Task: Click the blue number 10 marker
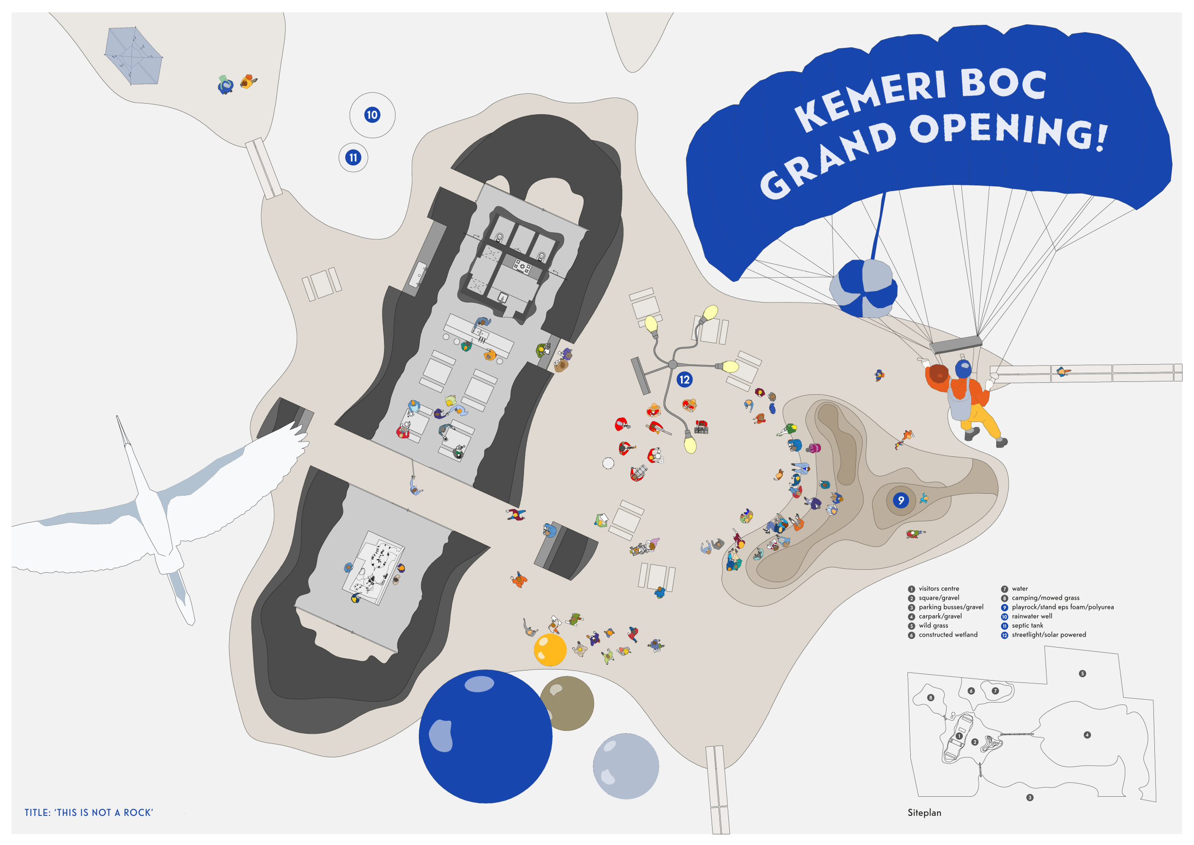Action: click(372, 115)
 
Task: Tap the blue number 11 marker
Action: click(353, 157)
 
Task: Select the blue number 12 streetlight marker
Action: click(684, 380)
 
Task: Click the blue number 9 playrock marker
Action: click(901, 500)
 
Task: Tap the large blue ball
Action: click(485, 736)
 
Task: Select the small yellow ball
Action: click(550, 650)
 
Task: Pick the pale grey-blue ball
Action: click(626, 766)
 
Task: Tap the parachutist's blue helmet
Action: click(962, 368)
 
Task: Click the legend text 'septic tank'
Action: click(1027, 626)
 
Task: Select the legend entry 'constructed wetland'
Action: click(948, 635)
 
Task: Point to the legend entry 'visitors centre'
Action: click(938, 588)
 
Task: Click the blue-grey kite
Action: click(134, 55)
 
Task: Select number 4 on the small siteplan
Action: click(1087, 735)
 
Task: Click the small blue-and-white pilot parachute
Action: click(863, 289)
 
